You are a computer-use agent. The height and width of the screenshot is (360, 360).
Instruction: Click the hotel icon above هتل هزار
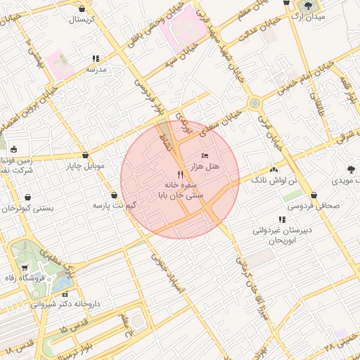205,155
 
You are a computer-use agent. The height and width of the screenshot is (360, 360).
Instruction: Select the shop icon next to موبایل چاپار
85,155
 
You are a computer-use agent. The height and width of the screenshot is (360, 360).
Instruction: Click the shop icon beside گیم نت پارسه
114,195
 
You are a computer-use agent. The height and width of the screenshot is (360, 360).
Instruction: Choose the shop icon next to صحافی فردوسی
313,195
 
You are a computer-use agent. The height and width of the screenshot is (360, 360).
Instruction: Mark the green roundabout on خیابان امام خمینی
255,103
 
